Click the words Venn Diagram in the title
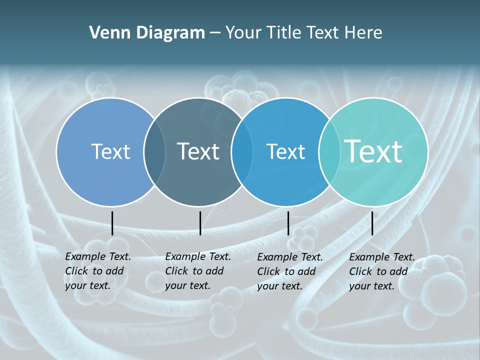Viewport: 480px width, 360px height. [x=147, y=33]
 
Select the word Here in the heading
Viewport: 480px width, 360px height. [x=363, y=33]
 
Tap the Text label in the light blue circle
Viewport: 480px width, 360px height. [x=110, y=151]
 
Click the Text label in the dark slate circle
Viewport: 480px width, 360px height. [x=198, y=151]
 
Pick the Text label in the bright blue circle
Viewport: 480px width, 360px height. [x=285, y=151]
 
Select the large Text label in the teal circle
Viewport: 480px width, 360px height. [x=373, y=151]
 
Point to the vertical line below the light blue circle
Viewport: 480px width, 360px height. [x=112, y=223]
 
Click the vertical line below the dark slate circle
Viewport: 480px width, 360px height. [x=200, y=223]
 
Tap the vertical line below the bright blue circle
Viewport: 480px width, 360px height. [x=288, y=223]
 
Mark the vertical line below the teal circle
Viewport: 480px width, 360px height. [x=372, y=223]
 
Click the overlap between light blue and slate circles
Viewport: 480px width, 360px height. [x=154, y=152]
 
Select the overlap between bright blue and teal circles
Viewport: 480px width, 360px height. [x=327, y=152]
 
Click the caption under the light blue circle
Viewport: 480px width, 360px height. [x=98, y=271]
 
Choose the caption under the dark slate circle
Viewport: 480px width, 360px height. [x=198, y=271]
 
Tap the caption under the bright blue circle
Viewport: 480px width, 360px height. [x=290, y=271]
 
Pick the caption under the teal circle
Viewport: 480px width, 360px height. [x=382, y=271]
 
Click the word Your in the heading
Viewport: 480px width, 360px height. [x=243, y=33]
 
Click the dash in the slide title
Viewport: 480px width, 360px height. [x=215, y=33]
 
